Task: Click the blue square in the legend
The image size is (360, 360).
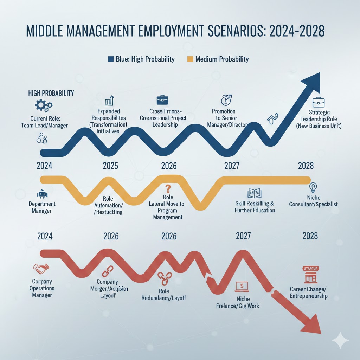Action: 111,59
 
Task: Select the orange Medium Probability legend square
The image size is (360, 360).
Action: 190,59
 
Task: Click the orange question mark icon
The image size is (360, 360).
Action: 168,189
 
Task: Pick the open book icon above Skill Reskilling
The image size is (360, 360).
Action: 255,193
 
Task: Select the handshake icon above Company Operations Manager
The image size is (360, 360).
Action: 41,270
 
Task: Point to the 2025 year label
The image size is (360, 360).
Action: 110,166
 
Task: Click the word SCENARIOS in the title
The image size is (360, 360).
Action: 231,30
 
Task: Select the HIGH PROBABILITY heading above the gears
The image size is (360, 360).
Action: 51,93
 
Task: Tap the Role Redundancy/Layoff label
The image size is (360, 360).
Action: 163,294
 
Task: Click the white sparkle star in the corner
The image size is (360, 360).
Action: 340,340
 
